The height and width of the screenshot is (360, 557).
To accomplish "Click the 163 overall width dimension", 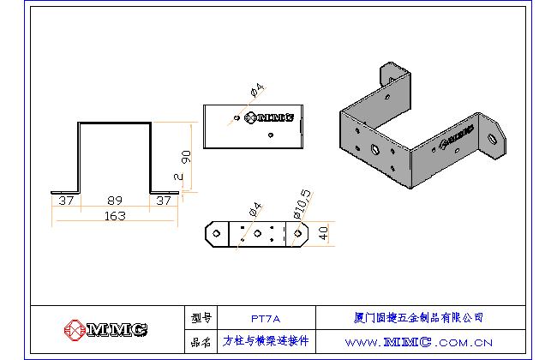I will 115,216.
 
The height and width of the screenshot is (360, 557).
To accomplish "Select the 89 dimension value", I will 115,201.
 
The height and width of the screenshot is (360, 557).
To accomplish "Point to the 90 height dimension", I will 185,156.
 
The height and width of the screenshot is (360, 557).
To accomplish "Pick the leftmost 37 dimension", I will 64,201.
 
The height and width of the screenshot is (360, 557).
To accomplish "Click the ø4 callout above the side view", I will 255,91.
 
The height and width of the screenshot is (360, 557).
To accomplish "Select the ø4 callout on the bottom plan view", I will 255,208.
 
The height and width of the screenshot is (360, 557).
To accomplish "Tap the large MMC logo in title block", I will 106,330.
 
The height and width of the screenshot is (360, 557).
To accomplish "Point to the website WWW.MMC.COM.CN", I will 419,342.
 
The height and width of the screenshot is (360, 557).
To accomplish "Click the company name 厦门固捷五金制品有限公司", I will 419,317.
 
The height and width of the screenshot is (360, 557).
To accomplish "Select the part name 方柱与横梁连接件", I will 266,341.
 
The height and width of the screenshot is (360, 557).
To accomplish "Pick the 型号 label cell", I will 201,317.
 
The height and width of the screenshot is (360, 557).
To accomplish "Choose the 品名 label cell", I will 201,341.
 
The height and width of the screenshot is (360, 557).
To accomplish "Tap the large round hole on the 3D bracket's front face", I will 374,149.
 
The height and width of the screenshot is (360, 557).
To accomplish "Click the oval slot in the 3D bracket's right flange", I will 493,137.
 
